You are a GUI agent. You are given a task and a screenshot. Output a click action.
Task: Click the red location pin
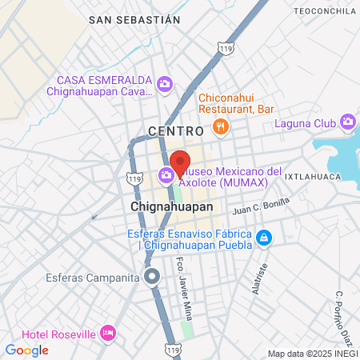(180, 162)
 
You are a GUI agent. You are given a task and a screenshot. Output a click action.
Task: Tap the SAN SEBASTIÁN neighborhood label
(134, 18)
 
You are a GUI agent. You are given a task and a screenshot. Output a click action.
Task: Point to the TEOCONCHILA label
(325, 10)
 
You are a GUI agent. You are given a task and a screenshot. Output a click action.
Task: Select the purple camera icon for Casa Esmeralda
(165, 83)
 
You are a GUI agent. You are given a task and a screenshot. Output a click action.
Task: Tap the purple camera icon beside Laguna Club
(347, 122)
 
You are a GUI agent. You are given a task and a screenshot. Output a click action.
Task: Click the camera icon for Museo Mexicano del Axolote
(167, 174)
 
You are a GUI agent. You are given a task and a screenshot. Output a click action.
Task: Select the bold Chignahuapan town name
(171, 206)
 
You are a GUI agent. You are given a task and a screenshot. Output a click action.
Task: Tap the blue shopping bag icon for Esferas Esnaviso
(264, 238)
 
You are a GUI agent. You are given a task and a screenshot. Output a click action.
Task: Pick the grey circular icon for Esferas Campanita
(152, 278)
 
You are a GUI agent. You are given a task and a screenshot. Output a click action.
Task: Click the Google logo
(26, 350)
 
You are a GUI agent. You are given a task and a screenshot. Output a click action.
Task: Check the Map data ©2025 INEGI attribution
(313, 354)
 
